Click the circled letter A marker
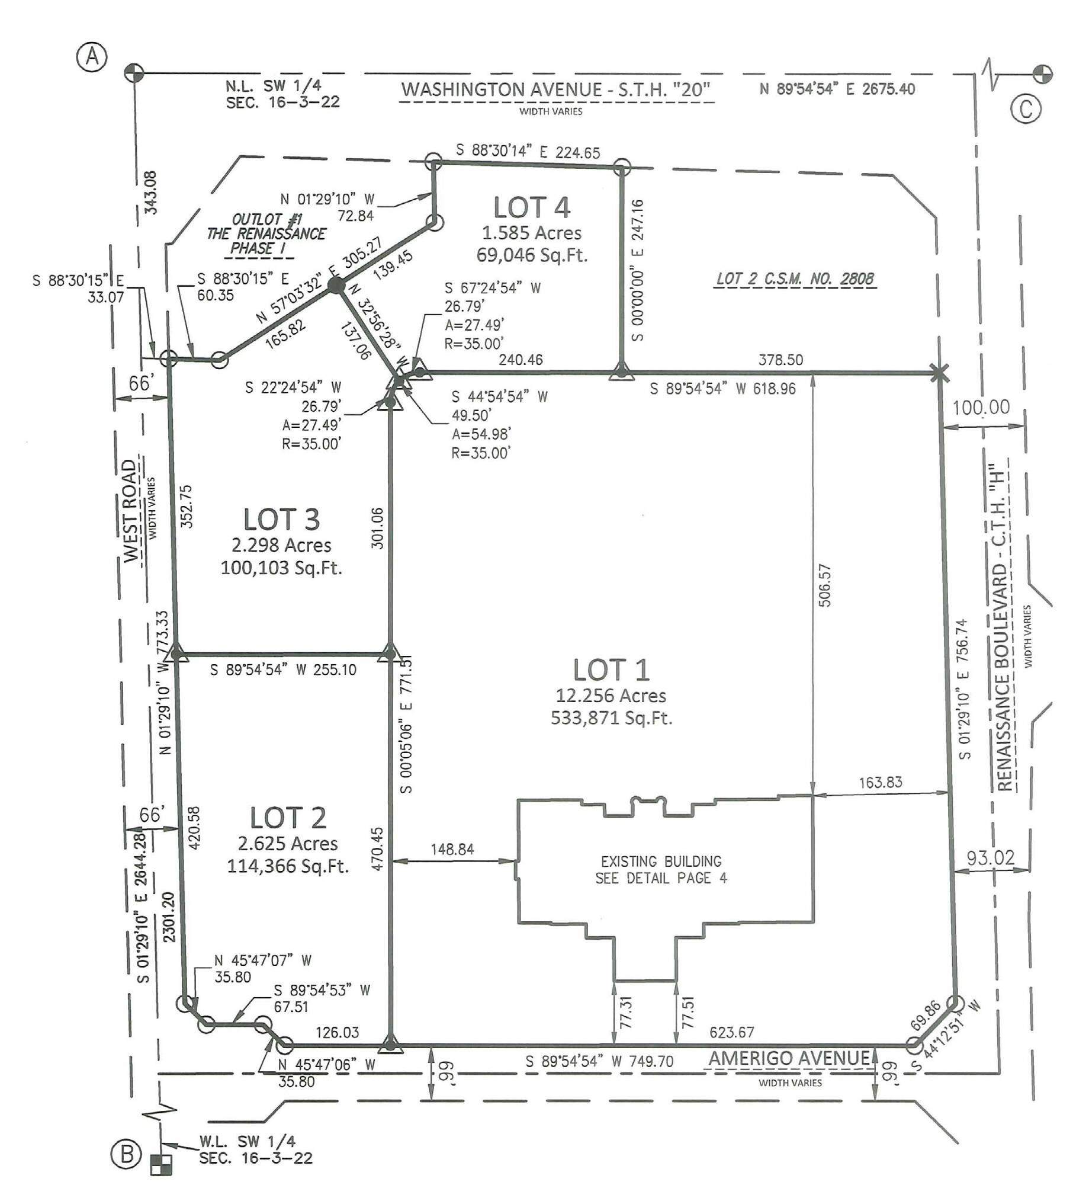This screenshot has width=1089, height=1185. (92, 58)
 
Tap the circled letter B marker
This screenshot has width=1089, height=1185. (127, 1154)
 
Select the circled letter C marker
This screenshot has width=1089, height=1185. (1026, 109)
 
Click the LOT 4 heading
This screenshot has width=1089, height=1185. (532, 207)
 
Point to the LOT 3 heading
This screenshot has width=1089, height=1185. (282, 519)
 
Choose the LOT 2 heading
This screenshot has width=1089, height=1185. (288, 818)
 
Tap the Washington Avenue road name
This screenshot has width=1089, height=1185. (555, 89)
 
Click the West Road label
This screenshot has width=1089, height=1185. (130, 511)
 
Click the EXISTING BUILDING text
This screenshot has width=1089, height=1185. (661, 861)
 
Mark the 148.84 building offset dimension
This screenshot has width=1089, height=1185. (452, 849)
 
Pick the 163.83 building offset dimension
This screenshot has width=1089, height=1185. (881, 782)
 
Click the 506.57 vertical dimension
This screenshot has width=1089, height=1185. (825, 585)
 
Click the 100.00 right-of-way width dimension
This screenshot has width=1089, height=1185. (981, 407)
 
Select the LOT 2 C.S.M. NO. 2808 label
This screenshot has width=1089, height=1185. (795, 278)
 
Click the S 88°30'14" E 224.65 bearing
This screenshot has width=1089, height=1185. (528, 151)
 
